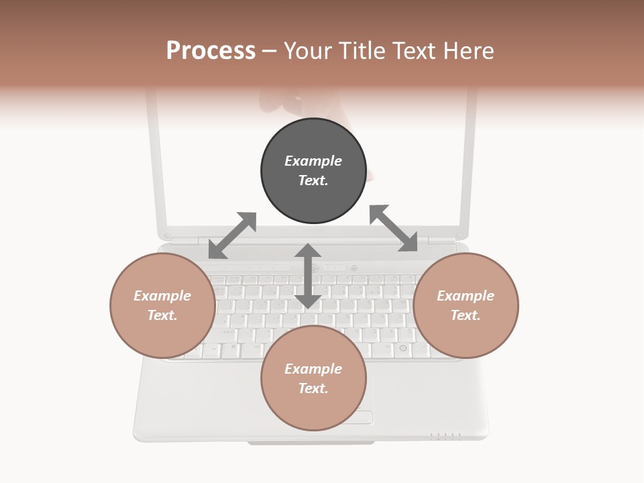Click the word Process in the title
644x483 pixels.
click(211, 51)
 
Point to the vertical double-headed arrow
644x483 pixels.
click(308, 276)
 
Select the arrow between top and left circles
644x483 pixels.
click(232, 235)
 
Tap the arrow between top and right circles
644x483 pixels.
click(394, 229)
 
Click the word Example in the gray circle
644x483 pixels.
click(313, 161)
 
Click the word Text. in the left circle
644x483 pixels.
click(162, 315)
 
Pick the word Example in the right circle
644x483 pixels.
click(466, 296)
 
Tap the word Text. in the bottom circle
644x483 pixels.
click(313, 388)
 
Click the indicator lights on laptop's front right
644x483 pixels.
click(445, 436)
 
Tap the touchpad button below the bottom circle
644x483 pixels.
click(360, 417)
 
